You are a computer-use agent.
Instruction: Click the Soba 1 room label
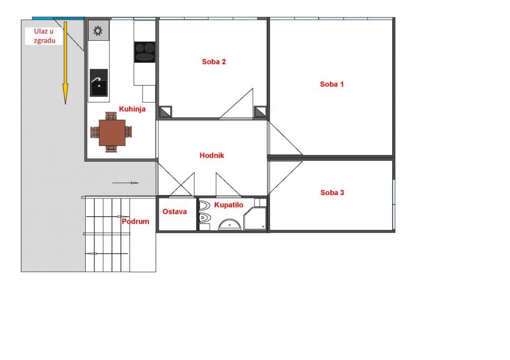(x=331, y=84)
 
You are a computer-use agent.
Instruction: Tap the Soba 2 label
(x=214, y=62)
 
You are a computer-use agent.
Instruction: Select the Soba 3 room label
(x=332, y=193)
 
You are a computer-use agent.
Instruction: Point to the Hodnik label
(x=212, y=156)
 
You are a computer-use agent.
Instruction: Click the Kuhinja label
(x=132, y=109)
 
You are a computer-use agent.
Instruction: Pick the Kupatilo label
(x=228, y=205)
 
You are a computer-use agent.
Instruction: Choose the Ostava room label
(x=174, y=212)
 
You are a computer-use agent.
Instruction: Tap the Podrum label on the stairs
(x=135, y=221)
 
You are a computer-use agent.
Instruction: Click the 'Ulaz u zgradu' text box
(x=44, y=36)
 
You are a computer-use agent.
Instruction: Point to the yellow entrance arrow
(x=65, y=63)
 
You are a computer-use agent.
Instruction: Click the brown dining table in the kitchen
(x=112, y=133)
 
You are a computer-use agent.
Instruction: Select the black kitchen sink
(x=98, y=83)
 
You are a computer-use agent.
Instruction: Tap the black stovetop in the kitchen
(x=145, y=52)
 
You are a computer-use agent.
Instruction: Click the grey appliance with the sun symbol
(x=98, y=31)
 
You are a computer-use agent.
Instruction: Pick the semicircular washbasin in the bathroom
(x=229, y=224)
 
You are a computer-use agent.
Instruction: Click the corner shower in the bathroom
(x=255, y=218)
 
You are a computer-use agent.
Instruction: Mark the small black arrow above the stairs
(x=125, y=183)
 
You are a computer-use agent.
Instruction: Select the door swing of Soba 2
(x=237, y=104)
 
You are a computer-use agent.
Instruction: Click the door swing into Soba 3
(x=285, y=178)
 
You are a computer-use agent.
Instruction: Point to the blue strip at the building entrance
(x=59, y=18)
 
